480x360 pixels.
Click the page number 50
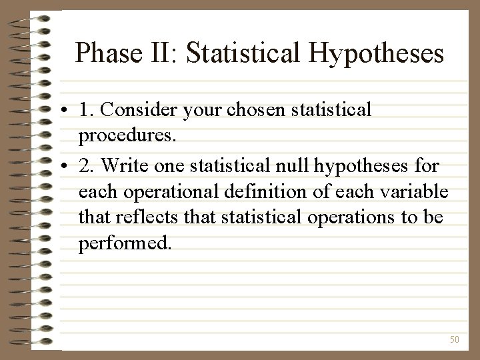[455, 339]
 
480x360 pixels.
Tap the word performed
[125, 244]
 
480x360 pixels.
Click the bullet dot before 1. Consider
[69, 111]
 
